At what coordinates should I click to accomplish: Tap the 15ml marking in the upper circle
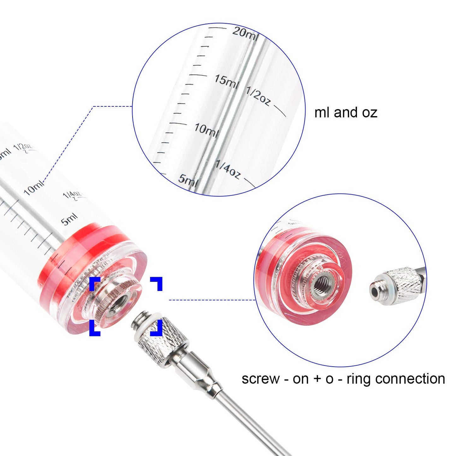pyautogui.click(x=226, y=81)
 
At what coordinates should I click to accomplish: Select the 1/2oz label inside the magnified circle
pyautogui.click(x=258, y=96)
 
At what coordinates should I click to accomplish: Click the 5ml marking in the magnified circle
pyautogui.click(x=188, y=181)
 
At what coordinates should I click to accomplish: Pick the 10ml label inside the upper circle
pyautogui.click(x=206, y=130)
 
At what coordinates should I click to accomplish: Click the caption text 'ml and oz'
pyautogui.click(x=346, y=113)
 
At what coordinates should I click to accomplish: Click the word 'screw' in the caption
pyautogui.click(x=261, y=379)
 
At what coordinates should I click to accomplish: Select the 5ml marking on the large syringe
pyautogui.click(x=69, y=219)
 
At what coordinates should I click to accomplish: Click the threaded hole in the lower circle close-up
pyautogui.click(x=322, y=282)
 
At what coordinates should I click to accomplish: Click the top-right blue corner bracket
pyautogui.click(x=157, y=282)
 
